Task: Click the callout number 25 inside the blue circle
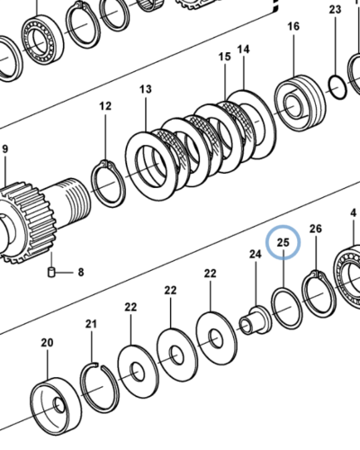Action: click(283, 242)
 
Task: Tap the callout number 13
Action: click(146, 89)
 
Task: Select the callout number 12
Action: click(105, 106)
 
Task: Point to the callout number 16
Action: click(293, 26)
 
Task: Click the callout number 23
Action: click(335, 10)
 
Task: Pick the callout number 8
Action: click(81, 273)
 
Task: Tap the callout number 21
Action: click(91, 324)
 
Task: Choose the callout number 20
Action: click(47, 342)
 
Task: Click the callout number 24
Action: click(256, 255)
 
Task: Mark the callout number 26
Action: click(316, 229)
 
